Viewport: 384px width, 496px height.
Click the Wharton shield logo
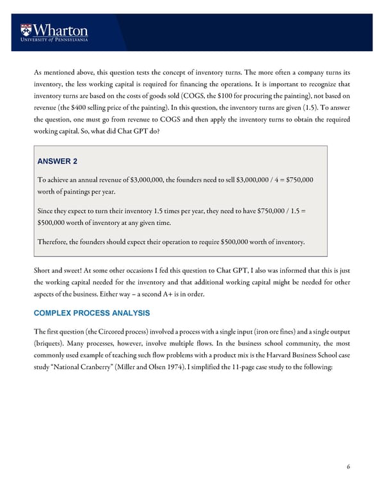(x=26, y=29)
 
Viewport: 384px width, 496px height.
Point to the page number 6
(x=348, y=467)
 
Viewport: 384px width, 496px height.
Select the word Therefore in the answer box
(x=55, y=242)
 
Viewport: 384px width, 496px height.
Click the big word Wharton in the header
(x=62, y=29)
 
